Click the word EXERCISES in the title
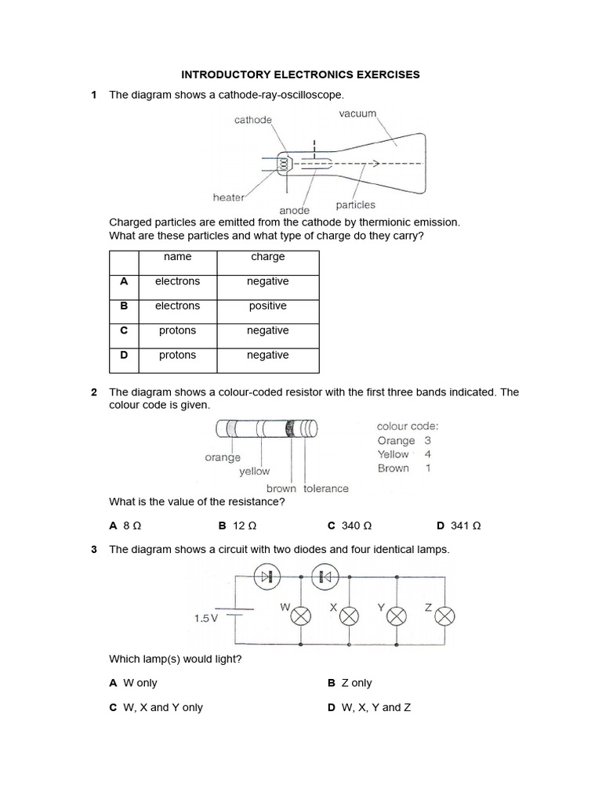[384, 74]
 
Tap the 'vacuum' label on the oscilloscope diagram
[357, 114]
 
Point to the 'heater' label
[229, 197]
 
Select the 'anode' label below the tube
[295, 211]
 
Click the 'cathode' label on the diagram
[253, 120]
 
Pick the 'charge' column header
[268, 257]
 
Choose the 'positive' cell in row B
[268, 306]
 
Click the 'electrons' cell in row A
[177, 281]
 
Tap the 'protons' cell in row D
[177, 356]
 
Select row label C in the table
[123, 331]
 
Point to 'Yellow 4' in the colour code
[404, 454]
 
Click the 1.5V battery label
[205, 618]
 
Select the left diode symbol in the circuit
[270, 577]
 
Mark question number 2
[94, 392]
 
